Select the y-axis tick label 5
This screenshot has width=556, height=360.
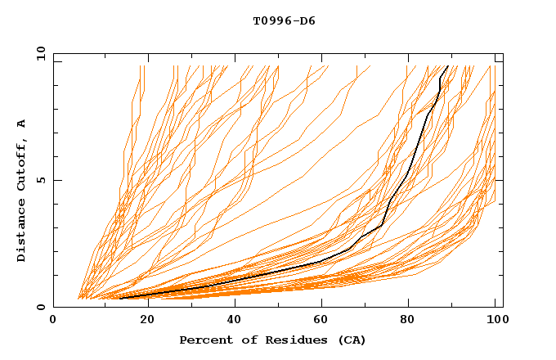coord(43,180)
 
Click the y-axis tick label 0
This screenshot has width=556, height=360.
coord(43,307)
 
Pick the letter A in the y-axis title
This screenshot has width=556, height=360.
coord(21,124)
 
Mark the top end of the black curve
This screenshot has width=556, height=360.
coord(447,65)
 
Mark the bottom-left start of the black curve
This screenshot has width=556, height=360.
coord(120,299)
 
